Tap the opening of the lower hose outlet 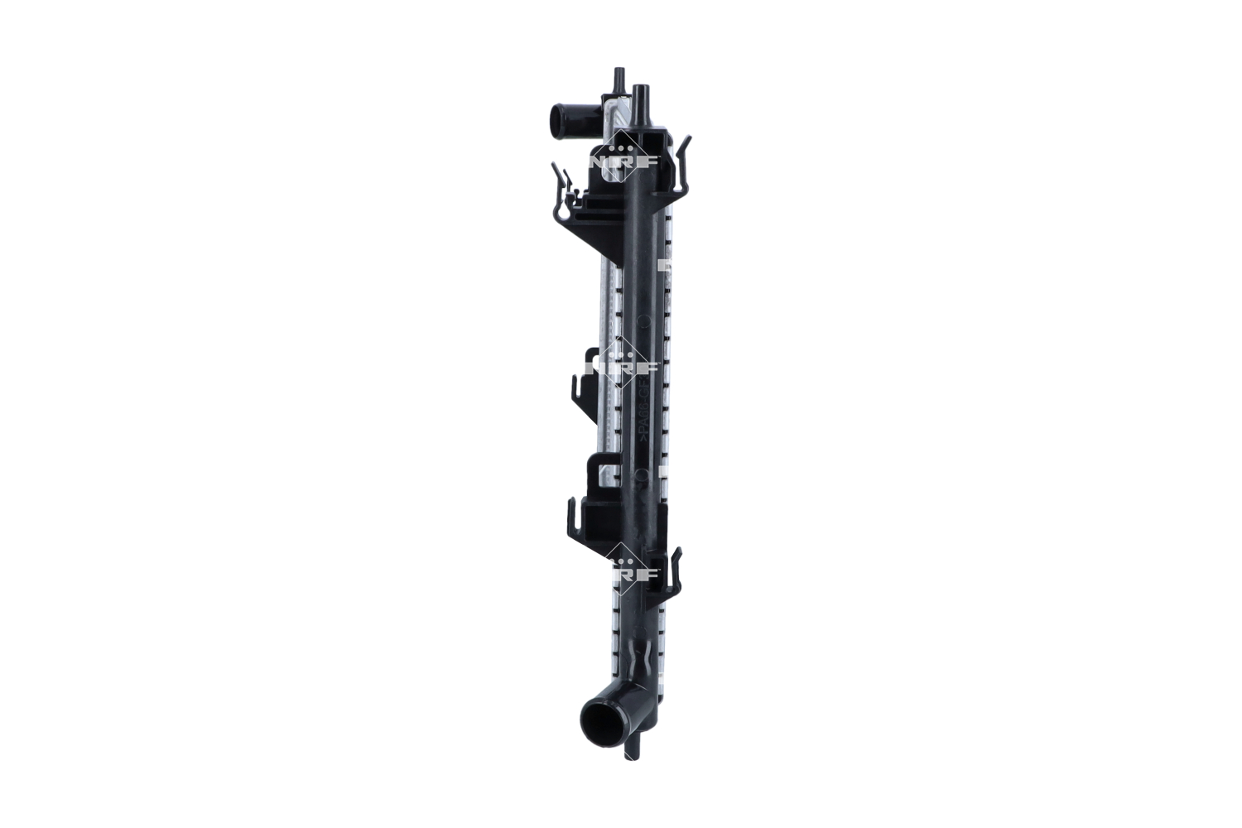(603, 719)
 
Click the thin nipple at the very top (617, 83)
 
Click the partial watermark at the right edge (662, 267)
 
